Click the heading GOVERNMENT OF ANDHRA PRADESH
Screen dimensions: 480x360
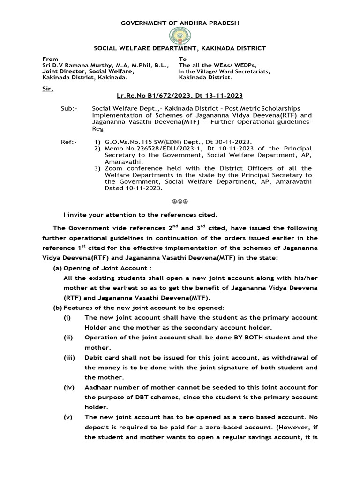tap(180, 23)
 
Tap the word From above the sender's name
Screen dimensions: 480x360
tap(50, 59)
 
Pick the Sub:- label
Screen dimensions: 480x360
tap(68, 109)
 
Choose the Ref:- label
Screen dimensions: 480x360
tap(68, 141)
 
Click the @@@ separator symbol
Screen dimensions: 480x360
tap(180, 201)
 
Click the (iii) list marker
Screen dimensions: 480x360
tap(70, 357)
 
